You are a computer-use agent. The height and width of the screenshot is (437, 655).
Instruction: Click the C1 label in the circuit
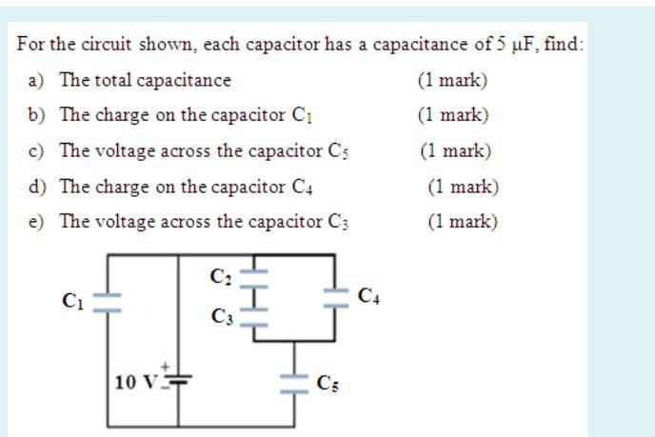pos(72,302)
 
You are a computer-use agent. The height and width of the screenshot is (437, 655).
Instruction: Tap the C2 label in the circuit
pos(220,278)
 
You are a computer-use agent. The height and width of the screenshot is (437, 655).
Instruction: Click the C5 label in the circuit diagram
pos(327,385)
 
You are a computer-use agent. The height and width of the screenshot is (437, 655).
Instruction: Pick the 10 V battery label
pos(134,383)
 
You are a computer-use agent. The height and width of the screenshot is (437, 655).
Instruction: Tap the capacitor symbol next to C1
pos(107,302)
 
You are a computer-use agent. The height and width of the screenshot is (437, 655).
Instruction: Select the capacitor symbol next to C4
pos(334,296)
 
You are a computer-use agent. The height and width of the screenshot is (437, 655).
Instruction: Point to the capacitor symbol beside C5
pos(289,384)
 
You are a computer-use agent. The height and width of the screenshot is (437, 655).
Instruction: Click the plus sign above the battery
pos(169,366)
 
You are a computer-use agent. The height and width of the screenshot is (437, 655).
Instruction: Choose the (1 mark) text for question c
pos(455,150)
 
